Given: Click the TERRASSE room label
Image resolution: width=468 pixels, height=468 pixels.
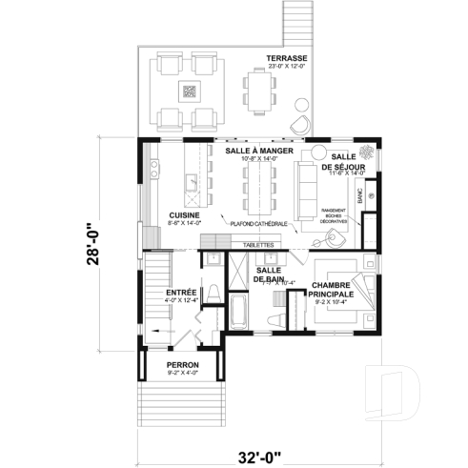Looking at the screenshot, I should click(x=287, y=56).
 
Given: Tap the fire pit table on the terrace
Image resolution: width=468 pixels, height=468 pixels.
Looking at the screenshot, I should click(x=189, y=92).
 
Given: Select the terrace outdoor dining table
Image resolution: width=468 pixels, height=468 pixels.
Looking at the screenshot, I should click(x=260, y=90).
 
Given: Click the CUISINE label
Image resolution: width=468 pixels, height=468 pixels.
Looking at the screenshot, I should click(x=184, y=215).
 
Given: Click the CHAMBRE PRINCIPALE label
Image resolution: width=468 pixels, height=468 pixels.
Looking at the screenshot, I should click(x=333, y=290).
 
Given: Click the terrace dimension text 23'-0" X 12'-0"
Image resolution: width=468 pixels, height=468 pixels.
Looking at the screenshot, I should click(x=287, y=65).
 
